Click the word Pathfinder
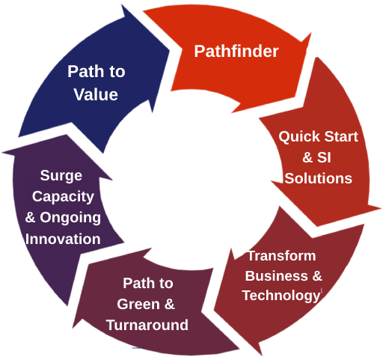[x=236, y=52]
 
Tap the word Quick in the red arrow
[x=297, y=137]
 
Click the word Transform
[x=281, y=256]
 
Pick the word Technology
[x=281, y=296]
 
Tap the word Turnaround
[x=147, y=325]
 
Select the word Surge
[x=61, y=175]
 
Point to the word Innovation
[x=63, y=239]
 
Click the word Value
[x=96, y=94]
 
